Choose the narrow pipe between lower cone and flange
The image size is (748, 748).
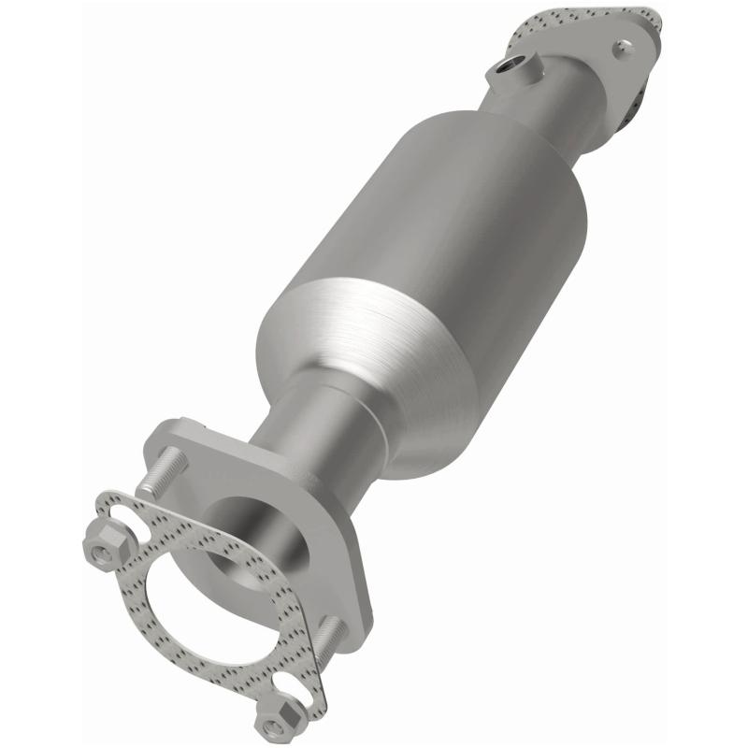tap(309, 439)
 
